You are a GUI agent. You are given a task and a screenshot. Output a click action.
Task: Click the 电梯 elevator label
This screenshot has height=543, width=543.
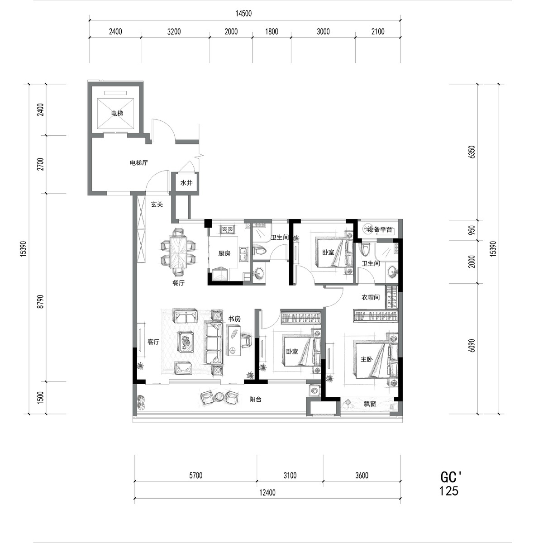coord(117,114)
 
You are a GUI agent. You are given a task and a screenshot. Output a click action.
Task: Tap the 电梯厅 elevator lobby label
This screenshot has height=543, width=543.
coord(138,163)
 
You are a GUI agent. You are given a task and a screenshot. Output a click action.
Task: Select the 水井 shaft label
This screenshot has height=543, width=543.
coord(186,183)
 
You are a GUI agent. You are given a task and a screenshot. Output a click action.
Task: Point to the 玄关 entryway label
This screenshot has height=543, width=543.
coord(157,205)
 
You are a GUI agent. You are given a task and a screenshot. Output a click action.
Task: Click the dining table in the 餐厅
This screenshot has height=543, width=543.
coord(178,252)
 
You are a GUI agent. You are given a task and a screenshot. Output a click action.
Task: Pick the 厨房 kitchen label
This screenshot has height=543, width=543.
coord(224,253)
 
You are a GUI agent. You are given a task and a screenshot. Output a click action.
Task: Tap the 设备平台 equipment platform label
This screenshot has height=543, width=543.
coord(380,230)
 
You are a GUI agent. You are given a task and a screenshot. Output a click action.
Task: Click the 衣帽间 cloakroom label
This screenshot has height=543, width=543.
coord(371,297)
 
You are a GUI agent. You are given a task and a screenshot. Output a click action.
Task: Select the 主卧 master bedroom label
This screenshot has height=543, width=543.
coord(367,359)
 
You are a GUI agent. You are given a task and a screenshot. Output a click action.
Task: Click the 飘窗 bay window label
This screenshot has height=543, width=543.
coord(370,404)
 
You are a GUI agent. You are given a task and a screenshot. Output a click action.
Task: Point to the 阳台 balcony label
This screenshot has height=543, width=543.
coord(255,400)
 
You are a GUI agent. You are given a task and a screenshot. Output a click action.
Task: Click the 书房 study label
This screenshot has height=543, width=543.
coord(234,319)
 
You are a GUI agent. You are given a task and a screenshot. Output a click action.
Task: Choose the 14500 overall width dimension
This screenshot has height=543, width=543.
coord(244,14)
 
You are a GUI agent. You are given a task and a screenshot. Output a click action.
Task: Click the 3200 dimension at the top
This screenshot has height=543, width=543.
coord(174,32)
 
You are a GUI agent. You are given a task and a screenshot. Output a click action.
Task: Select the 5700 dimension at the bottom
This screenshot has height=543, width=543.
coord(196,476)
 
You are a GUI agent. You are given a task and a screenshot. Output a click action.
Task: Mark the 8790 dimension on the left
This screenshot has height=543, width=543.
coord(41,301)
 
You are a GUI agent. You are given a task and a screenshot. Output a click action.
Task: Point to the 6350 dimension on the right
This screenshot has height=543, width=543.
coord(472,152)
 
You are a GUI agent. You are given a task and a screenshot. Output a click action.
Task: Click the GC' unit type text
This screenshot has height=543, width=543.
coord(451,478)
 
